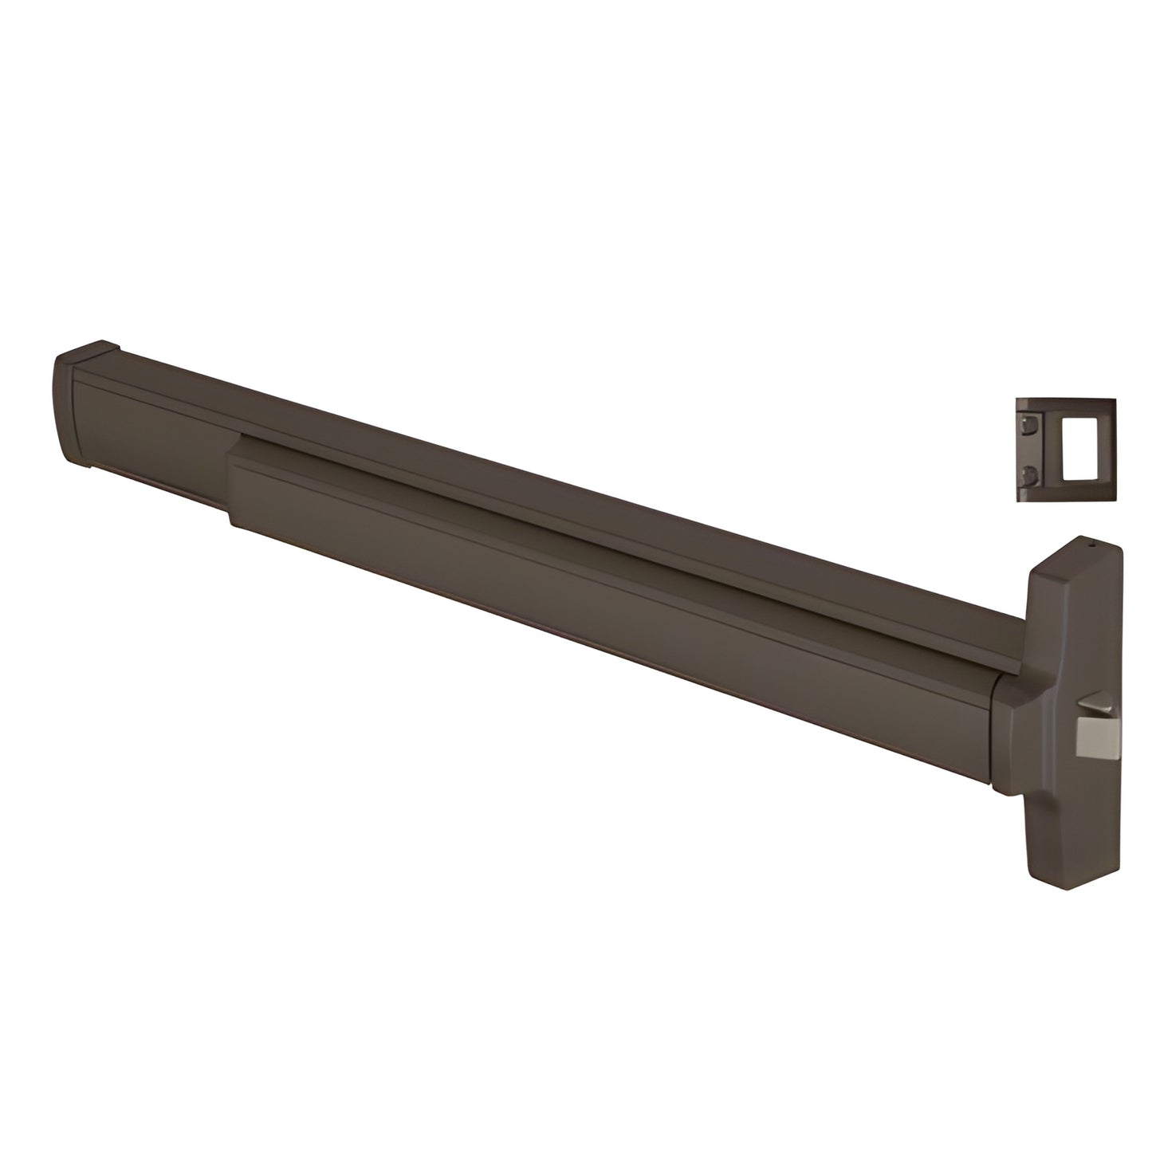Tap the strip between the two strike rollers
pos(1028,449)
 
